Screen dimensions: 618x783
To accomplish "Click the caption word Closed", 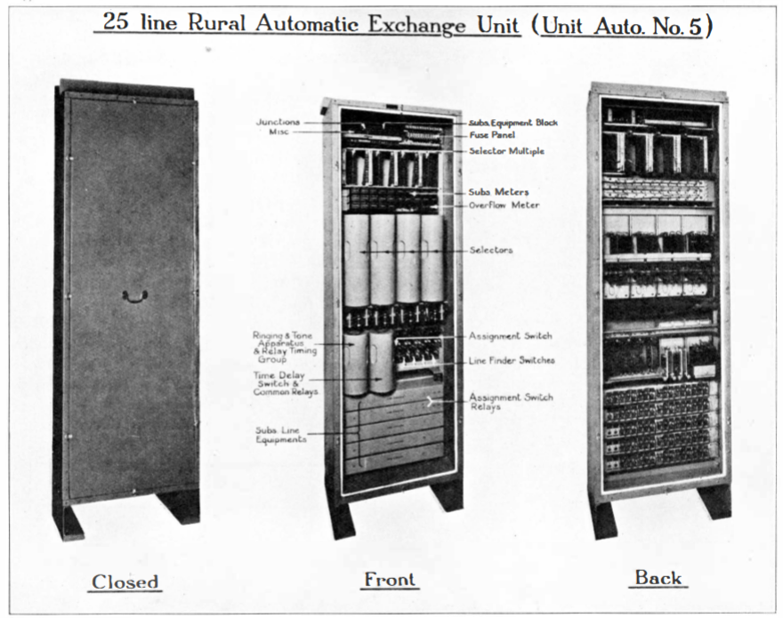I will pyautogui.click(x=125, y=582).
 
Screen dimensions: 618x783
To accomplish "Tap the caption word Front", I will pyautogui.click(x=390, y=580).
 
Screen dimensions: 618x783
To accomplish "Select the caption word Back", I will pyautogui.click(x=658, y=577).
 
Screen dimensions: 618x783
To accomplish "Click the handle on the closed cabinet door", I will pyautogui.click(x=135, y=295).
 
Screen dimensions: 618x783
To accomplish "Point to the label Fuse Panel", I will pyautogui.click(x=492, y=135).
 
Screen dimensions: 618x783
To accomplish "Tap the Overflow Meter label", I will pyautogui.click(x=504, y=205).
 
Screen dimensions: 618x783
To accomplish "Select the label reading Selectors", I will pyautogui.click(x=491, y=251).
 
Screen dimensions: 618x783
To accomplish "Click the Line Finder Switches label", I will pyautogui.click(x=511, y=361).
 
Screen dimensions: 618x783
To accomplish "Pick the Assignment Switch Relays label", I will pyautogui.click(x=511, y=402).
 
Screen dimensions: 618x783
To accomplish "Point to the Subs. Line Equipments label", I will pyautogui.click(x=280, y=434).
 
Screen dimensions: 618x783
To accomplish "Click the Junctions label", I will pyautogui.click(x=278, y=122).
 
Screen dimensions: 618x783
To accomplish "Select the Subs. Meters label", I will pyautogui.click(x=498, y=192).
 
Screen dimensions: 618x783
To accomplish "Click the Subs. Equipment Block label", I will pyautogui.click(x=513, y=123).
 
